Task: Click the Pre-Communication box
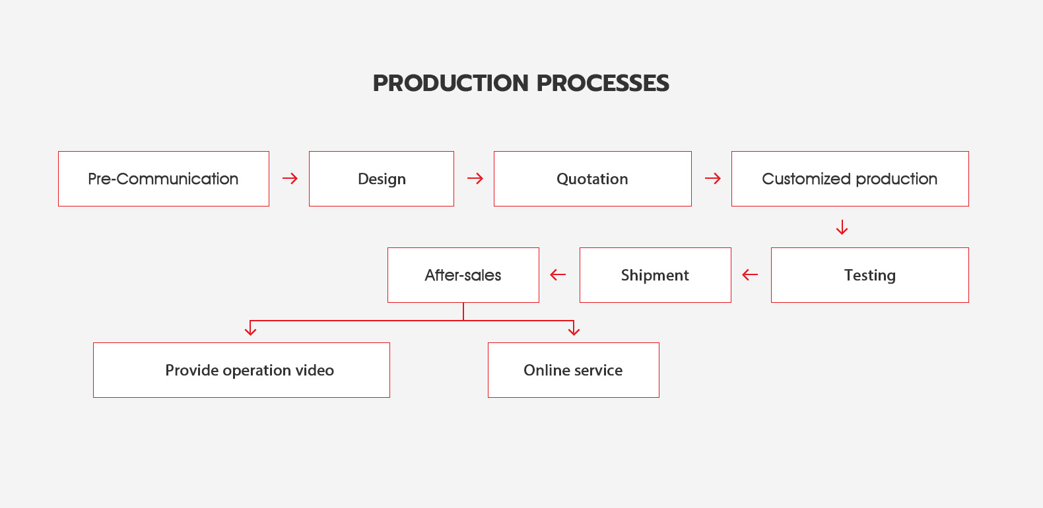click(164, 179)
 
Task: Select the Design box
click(382, 179)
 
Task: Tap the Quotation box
click(593, 179)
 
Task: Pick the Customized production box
click(850, 179)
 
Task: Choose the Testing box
click(870, 275)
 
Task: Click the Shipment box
click(655, 275)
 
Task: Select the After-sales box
click(463, 275)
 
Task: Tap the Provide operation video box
click(241, 370)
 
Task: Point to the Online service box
click(574, 370)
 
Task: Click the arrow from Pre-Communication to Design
click(290, 178)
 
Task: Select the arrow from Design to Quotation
click(475, 178)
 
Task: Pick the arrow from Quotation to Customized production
click(713, 178)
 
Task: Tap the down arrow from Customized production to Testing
click(842, 227)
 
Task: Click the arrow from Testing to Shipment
click(750, 274)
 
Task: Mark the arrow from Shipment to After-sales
click(558, 274)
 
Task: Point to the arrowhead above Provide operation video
click(250, 331)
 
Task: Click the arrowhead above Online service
click(574, 331)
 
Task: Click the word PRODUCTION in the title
click(451, 83)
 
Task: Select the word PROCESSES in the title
click(603, 83)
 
